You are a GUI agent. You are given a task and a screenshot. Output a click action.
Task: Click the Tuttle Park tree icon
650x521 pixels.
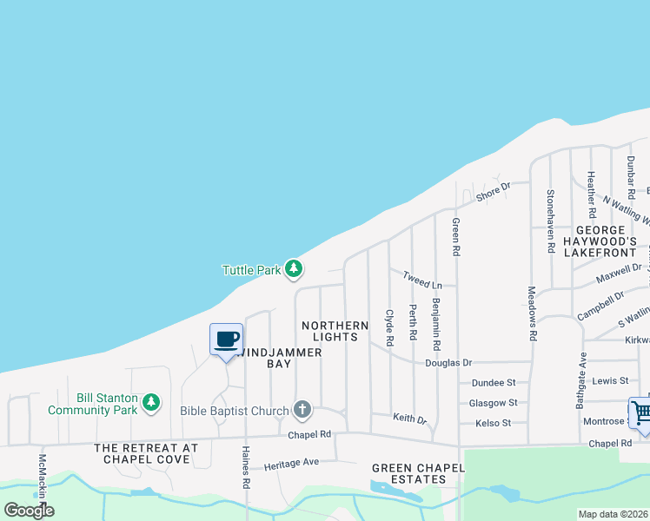295,269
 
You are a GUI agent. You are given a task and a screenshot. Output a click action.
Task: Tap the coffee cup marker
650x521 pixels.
227,339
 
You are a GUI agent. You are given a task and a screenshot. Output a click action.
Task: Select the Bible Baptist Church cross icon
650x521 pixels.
302,409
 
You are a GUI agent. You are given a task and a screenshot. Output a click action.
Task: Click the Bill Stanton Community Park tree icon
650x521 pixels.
151,402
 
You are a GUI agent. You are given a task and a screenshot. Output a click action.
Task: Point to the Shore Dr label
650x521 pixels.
491,194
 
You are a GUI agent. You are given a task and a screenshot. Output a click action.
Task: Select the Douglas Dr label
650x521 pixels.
448,362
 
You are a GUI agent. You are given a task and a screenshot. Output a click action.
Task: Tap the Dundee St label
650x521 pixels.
493,382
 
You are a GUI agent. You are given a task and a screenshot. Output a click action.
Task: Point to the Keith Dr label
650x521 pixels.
409,419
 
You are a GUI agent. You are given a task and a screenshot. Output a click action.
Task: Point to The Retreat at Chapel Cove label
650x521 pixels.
146,453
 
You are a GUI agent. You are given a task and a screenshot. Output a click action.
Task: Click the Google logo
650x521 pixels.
29,510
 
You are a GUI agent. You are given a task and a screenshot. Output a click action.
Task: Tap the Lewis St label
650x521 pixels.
609,381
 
